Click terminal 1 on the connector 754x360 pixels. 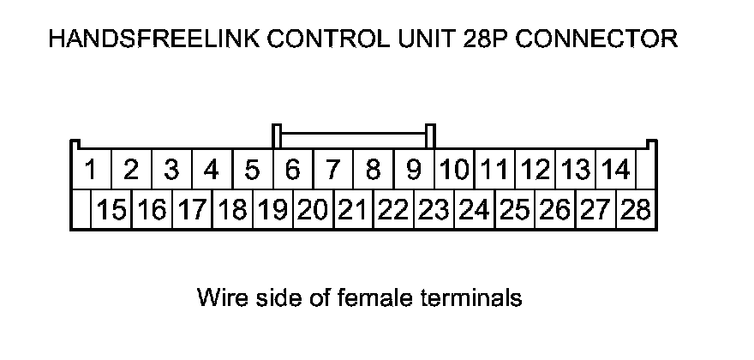click(90, 171)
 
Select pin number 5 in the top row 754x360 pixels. click(252, 171)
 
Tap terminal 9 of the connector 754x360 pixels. click(414, 171)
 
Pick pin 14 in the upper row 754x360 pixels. click(615, 171)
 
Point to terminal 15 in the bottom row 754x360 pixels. click(111, 210)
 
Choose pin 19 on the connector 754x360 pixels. click(272, 210)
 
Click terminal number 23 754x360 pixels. click(434, 210)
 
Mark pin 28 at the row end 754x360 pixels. click(636, 210)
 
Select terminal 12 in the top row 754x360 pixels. click(536, 171)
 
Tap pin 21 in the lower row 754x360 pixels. click(353, 210)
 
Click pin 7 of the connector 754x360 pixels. click(333, 171)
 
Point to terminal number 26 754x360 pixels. click(555, 210)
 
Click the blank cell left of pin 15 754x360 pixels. click(81, 210)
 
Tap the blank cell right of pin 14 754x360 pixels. click(647, 171)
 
